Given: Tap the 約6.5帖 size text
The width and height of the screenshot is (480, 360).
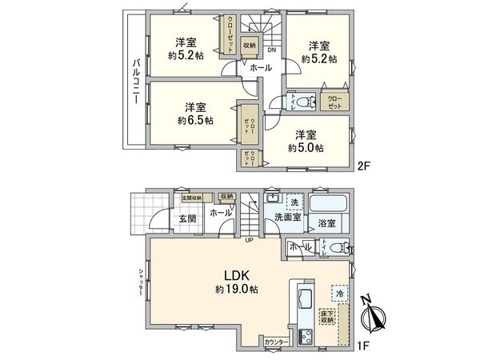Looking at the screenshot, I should (196, 121).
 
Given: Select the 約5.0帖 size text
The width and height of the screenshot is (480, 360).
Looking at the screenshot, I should (307, 148).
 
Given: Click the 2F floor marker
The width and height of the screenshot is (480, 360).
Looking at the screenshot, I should (362, 169).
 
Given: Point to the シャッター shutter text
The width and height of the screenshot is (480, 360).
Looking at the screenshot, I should (141, 281).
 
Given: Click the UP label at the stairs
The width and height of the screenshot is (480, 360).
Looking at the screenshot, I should (250, 238).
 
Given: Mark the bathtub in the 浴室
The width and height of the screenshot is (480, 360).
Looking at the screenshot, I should (327, 205).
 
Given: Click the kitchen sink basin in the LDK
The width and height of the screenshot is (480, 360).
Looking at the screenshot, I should (305, 301).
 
